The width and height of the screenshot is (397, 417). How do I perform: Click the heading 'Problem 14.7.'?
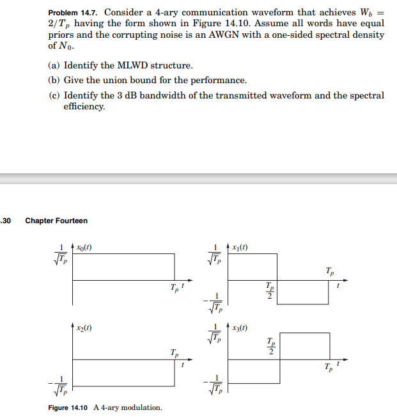(x=74, y=12)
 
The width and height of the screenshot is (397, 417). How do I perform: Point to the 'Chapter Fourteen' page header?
(x=56, y=221)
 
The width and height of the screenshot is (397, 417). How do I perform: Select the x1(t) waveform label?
(x=241, y=247)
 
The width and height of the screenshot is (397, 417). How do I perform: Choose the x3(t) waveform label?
(x=241, y=327)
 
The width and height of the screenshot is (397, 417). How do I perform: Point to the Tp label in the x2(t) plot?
(x=174, y=352)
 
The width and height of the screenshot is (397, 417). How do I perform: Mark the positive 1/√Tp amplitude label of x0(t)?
(x=61, y=253)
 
